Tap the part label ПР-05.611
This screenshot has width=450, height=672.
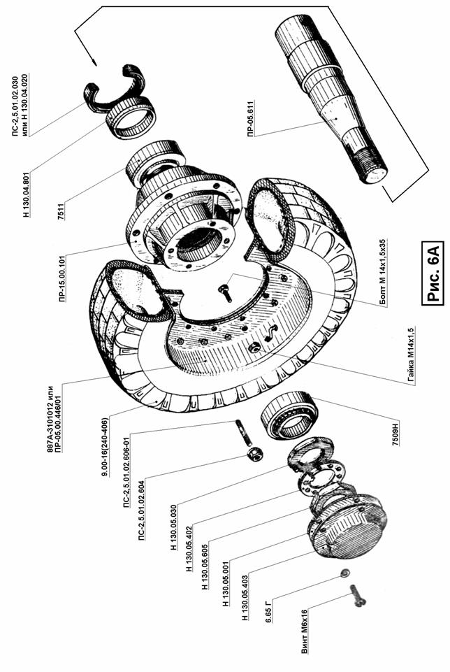pyautogui.click(x=250, y=118)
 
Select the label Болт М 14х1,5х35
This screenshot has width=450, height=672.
pyautogui.click(x=382, y=272)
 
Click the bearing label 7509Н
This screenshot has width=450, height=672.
pyautogui.click(x=395, y=434)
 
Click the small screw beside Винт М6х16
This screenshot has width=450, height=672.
pyautogui.click(x=358, y=596)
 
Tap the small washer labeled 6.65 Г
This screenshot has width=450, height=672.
pyautogui.click(x=344, y=573)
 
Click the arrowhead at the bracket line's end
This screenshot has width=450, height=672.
pyautogui.click(x=94, y=62)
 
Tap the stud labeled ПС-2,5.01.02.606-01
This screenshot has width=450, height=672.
pyautogui.click(x=242, y=432)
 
